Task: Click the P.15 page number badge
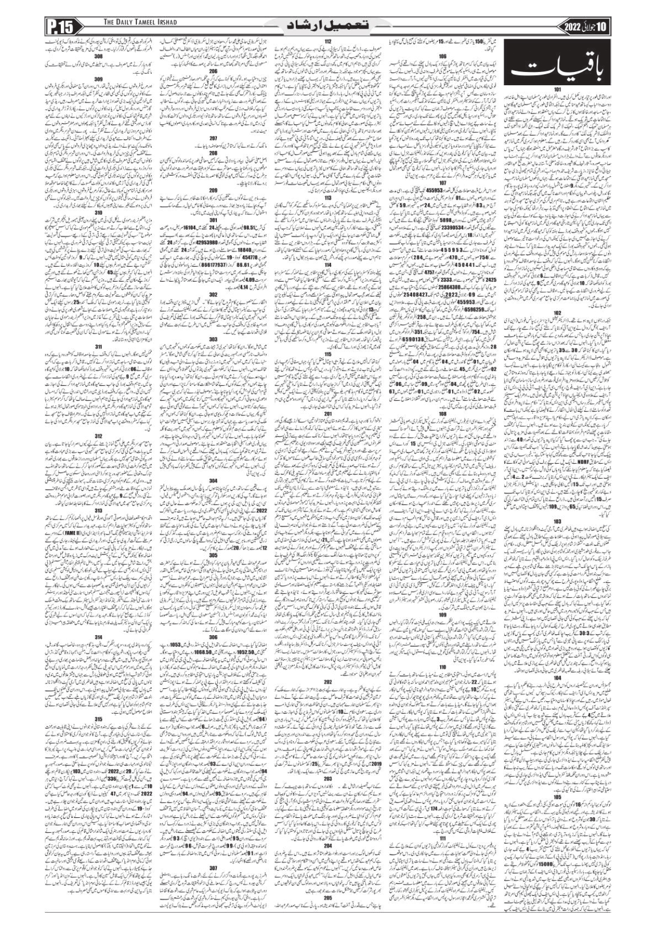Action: pos(62,26)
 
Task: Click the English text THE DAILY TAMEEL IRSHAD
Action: pos(140,22)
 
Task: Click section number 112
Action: pos(328,41)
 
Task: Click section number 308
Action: pos(98,56)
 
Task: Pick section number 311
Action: pos(98,347)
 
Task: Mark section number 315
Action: pos(98,719)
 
